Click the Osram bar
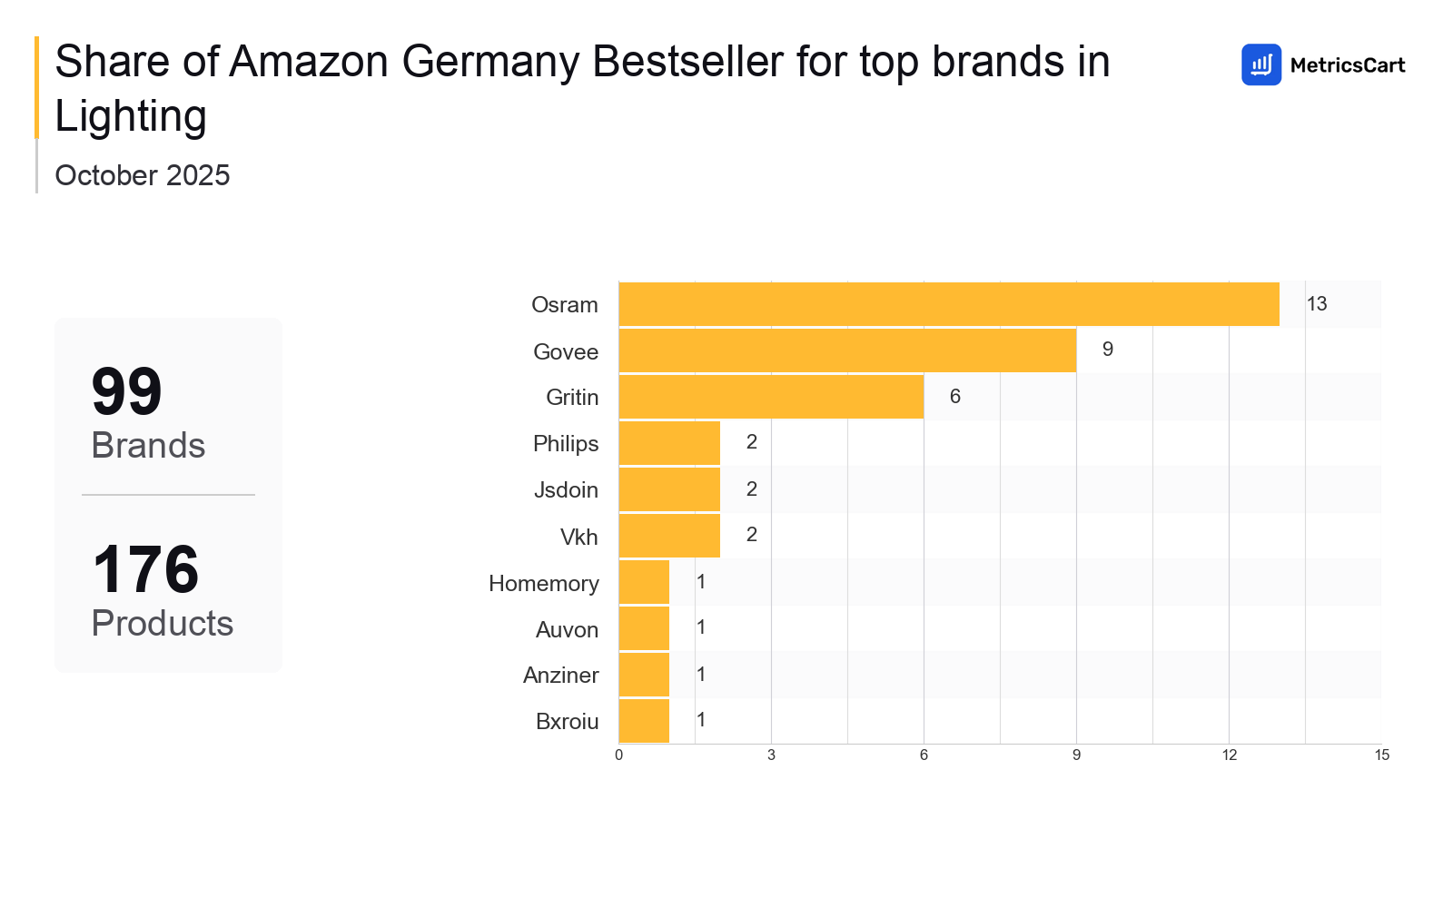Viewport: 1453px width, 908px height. point(949,304)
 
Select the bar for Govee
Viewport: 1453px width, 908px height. point(847,350)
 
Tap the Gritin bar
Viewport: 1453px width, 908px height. point(771,397)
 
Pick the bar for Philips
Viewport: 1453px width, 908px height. point(669,443)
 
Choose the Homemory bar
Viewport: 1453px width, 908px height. point(644,582)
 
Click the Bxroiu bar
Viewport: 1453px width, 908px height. point(644,721)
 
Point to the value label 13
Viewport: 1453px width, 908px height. point(1317,304)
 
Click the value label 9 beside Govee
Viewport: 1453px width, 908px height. point(1108,350)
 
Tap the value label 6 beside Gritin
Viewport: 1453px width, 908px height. point(955,397)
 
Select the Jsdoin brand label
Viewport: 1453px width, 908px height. point(566,490)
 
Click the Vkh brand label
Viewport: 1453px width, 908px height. point(578,538)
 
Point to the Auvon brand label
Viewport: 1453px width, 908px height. point(567,630)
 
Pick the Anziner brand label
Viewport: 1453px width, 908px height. point(560,676)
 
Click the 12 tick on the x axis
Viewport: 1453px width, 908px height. point(1229,755)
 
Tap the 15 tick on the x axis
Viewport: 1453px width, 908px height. point(1381,755)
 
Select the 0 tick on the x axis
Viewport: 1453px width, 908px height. point(619,755)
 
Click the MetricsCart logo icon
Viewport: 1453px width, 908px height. point(1261,64)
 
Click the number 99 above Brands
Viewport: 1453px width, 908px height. point(126,392)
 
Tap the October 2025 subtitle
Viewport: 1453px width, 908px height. point(143,175)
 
